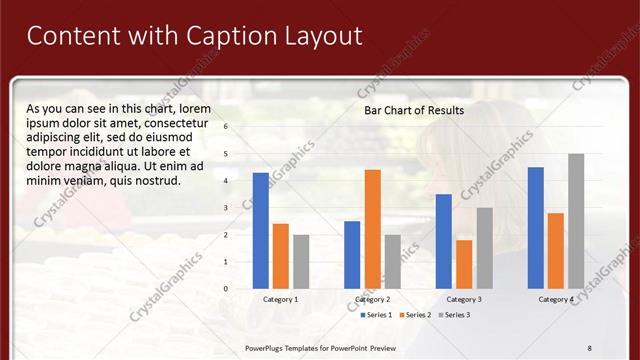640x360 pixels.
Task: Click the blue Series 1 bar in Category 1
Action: (261, 231)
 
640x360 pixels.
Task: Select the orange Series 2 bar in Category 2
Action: (372, 229)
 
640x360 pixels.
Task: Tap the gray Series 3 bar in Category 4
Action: (576, 221)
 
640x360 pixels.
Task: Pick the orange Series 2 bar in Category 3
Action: (464, 264)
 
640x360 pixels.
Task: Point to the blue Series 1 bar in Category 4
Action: (535, 228)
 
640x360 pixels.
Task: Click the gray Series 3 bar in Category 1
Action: (301, 262)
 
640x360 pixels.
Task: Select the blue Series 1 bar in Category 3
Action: (443, 241)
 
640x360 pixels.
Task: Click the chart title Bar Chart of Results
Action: (413, 111)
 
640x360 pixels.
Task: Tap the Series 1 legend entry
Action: (376, 315)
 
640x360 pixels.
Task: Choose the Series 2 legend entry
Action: (414, 315)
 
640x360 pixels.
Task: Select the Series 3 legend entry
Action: (453, 315)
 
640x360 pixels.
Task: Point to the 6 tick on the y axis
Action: (226, 127)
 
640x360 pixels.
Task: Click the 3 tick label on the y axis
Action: (226, 208)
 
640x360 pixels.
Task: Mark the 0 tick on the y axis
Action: (226, 289)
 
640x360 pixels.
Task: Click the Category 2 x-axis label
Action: (372, 299)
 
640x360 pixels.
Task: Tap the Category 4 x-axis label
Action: (556, 299)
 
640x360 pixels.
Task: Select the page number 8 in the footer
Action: (590, 347)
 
